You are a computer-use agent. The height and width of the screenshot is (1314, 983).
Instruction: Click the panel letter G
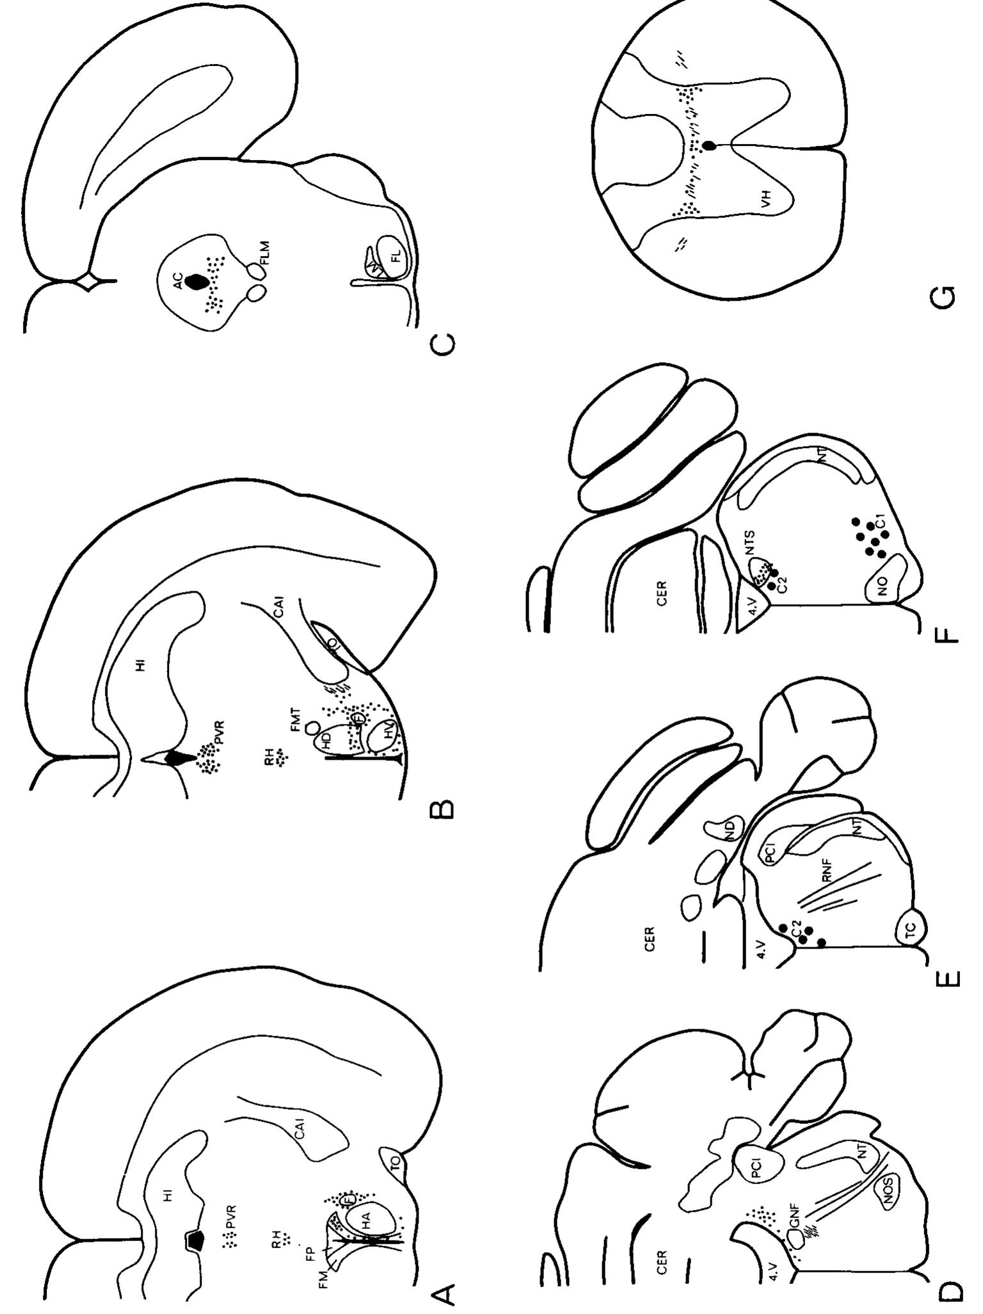pos(946,295)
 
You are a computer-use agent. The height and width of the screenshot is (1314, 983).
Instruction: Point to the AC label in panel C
pos(179,280)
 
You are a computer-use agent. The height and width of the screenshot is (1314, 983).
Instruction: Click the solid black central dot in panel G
pos(709,146)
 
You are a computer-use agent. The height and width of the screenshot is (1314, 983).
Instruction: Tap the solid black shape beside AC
pos(195,280)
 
